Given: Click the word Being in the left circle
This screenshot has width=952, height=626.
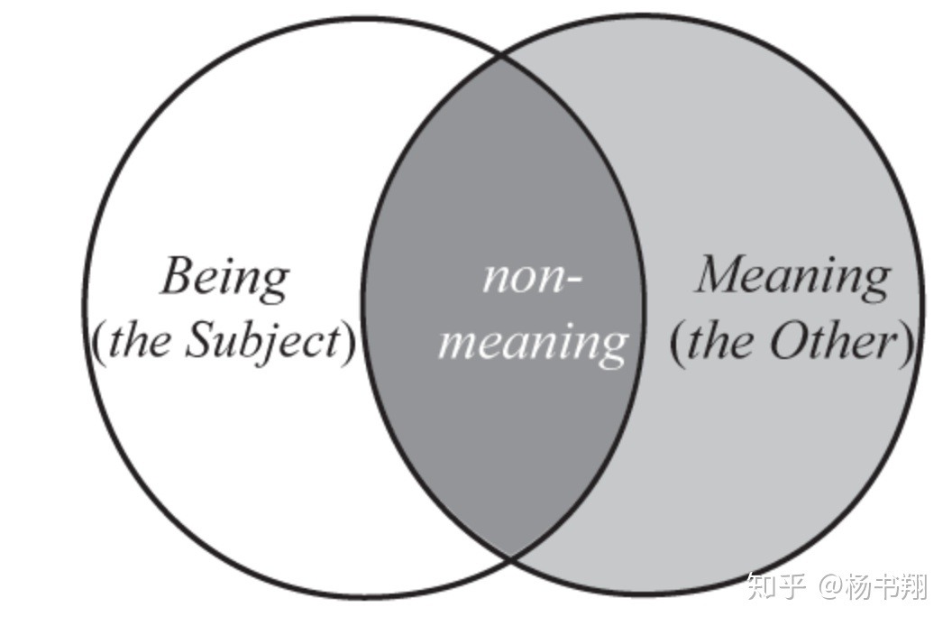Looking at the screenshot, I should (224, 278).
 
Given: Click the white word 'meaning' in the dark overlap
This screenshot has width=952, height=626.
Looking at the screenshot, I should (532, 343).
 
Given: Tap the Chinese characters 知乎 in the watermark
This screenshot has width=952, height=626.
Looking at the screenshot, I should (777, 588).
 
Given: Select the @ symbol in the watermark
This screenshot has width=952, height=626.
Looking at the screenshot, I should (829, 588).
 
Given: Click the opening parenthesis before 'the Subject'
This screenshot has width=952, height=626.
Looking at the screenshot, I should (99, 343).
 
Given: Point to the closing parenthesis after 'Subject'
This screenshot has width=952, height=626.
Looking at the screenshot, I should (348, 343).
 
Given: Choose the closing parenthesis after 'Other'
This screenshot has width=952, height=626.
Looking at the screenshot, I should (905, 343).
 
